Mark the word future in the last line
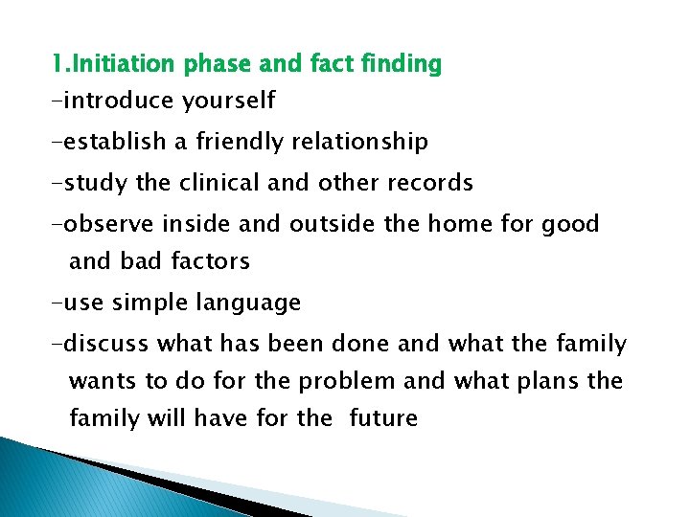tap(383, 418)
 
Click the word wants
tap(103, 381)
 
